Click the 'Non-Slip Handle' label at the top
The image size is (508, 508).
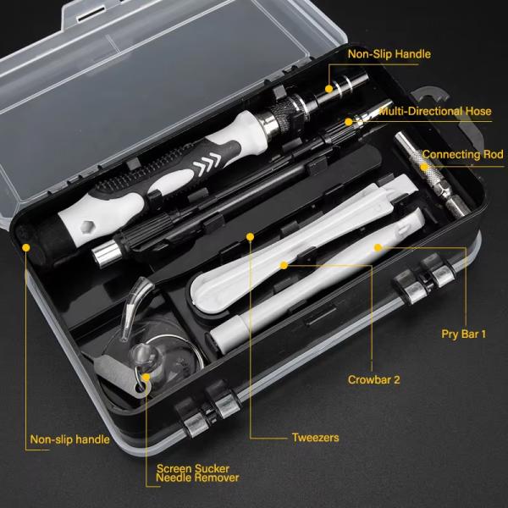point(389,54)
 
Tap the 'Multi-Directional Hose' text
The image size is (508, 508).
point(434,111)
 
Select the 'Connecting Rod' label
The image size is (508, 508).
point(462,155)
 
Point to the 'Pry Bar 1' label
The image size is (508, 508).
point(464,334)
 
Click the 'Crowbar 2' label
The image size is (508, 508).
point(374,379)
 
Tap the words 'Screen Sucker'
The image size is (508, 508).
point(192,467)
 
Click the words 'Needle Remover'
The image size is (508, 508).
point(198,478)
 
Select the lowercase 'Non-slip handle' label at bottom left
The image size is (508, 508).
point(69,439)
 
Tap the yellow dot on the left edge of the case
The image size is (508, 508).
point(26,249)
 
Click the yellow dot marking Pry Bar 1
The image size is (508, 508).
point(378,247)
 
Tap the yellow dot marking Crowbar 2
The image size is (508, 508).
point(286,264)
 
